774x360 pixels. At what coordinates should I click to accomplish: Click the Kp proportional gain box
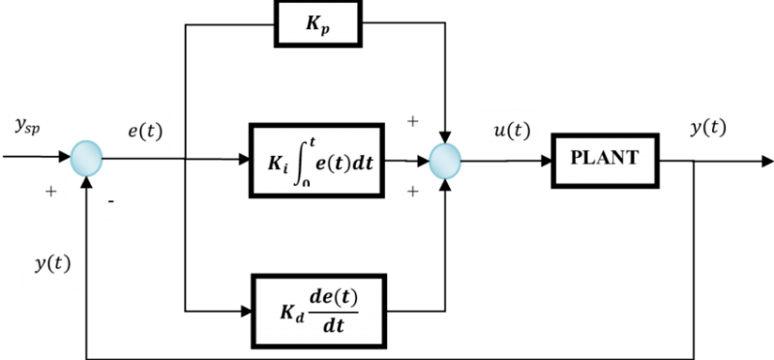[318, 22]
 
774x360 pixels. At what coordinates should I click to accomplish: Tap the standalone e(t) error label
[142, 132]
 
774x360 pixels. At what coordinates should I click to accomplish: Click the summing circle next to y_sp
[86, 157]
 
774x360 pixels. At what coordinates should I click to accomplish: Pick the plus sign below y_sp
[49, 192]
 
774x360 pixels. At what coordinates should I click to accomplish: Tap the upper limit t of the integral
[313, 139]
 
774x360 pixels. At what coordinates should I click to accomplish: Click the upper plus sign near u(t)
[411, 121]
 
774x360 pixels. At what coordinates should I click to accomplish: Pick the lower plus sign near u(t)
[411, 190]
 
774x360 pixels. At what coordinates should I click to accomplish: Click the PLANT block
[605, 158]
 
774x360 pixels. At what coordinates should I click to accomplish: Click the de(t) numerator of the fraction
[336, 299]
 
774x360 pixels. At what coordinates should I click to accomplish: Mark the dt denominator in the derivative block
[336, 325]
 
